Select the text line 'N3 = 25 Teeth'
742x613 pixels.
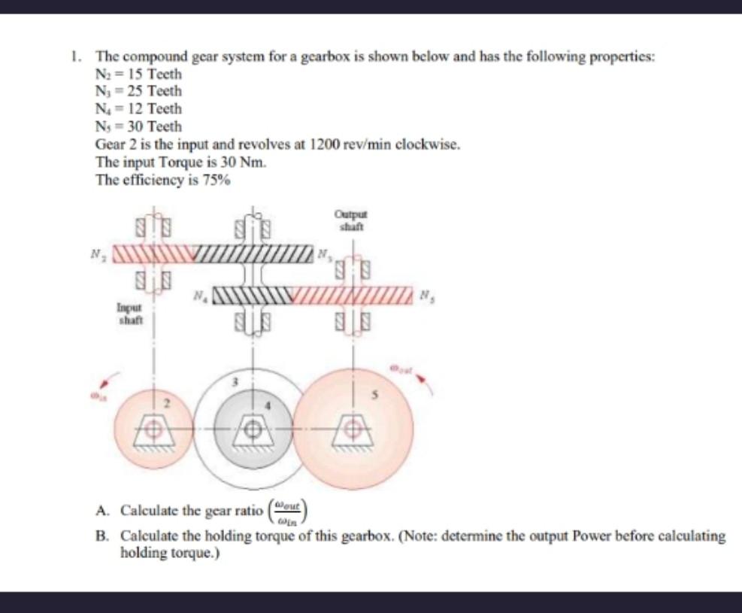pyautogui.click(x=138, y=92)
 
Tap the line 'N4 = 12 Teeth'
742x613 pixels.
pyautogui.click(x=138, y=109)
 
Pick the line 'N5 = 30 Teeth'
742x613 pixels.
pyautogui.click(x=138, y=126)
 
